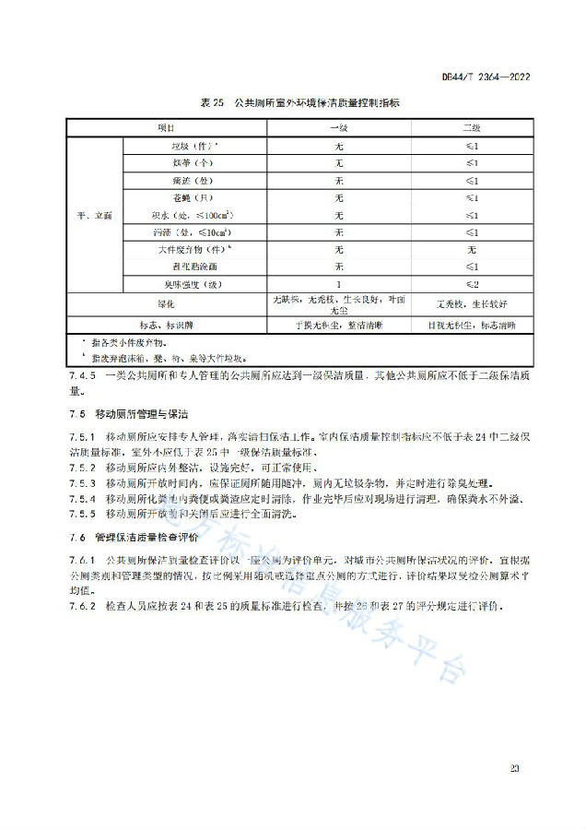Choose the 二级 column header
pyautogui.click(x=471, y=127)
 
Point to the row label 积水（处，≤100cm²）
pyautogui.click(x=192, y=215)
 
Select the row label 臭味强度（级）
pyautogui.click(x=193, y=283)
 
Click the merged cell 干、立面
pyautogui.click(x=94, y=215)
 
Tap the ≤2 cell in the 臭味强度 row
pyautogui.click(x=471, y=283)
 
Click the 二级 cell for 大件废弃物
pyautogui.click(x=471, y=249)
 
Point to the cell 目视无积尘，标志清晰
pyautogui.click(x=471, y=325)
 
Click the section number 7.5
pyautogui.click(x=76, y=414)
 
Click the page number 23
pyautogui.click(x=514, y=767)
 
